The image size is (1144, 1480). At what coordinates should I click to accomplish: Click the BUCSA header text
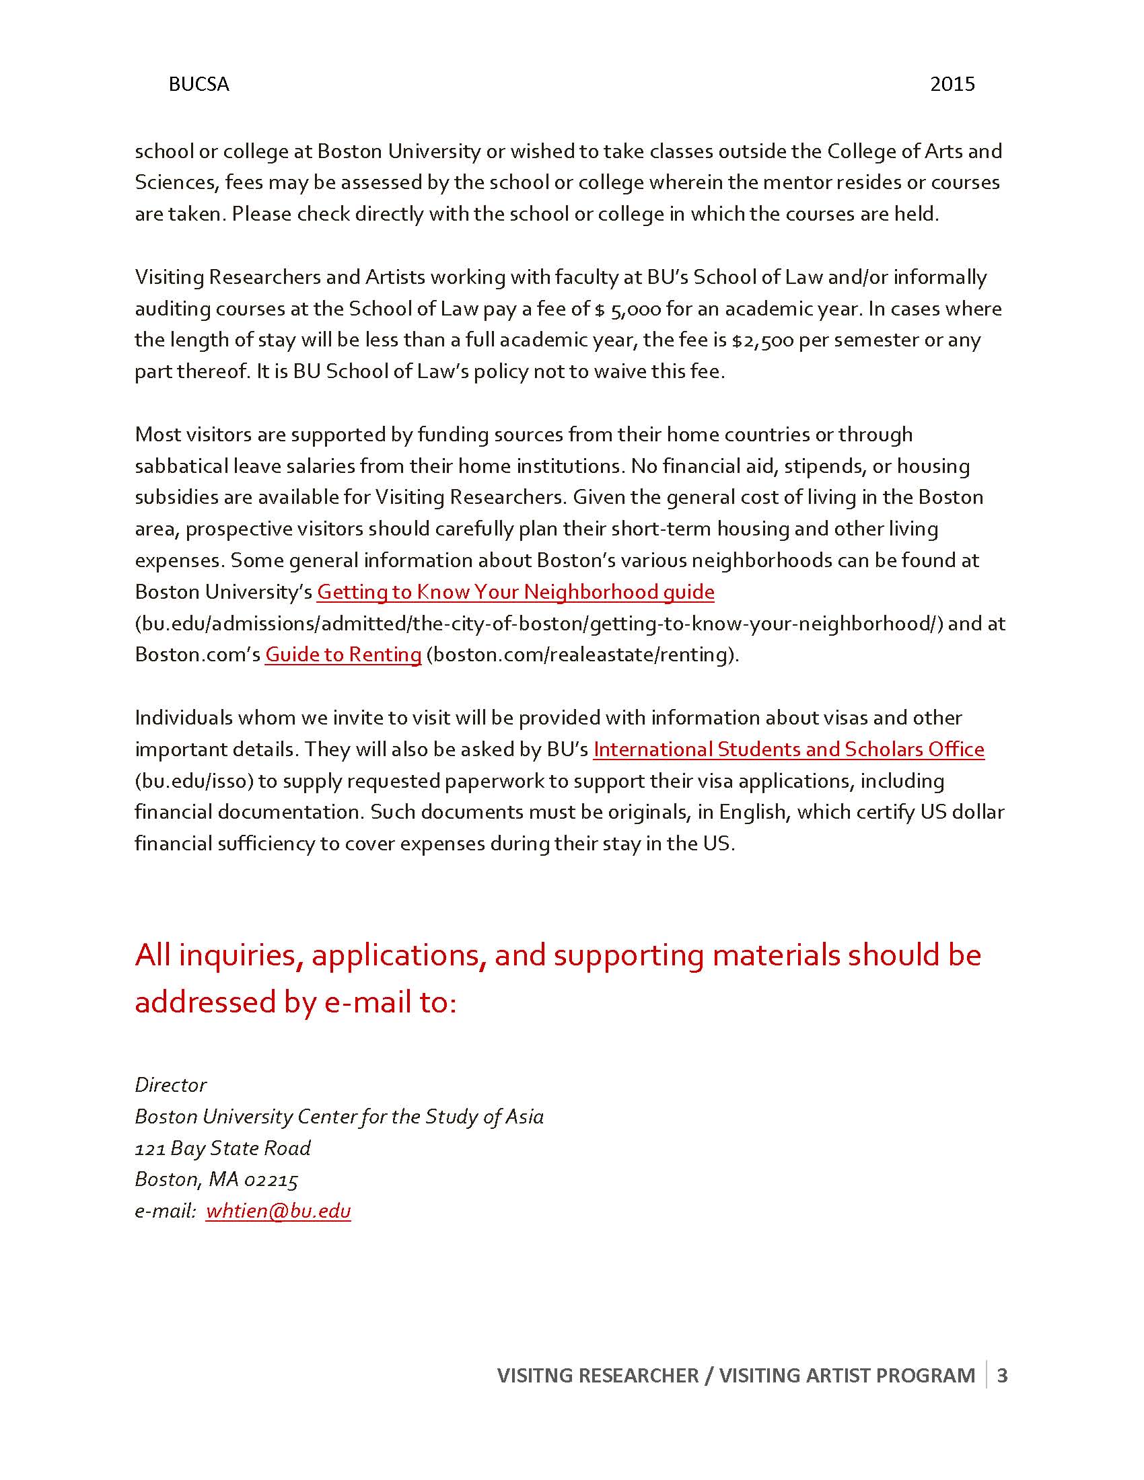click(199, 84)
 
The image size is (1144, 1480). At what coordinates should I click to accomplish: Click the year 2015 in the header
click(952, 84)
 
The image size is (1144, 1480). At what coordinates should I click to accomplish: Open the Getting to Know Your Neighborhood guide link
click(515, 592)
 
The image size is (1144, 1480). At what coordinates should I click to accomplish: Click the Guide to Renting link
click(343, 655)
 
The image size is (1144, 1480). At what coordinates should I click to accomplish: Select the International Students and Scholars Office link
click(788, 749)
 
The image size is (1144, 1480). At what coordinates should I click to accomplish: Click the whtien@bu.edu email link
click(278, 1211)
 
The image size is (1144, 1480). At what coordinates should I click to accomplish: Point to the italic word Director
click(171, 1085)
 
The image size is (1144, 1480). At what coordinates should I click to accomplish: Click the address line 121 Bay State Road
click(222, 1148)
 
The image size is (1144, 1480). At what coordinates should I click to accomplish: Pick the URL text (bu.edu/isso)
click(194, 781)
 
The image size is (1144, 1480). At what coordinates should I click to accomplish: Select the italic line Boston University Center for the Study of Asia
click(339, 1117)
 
